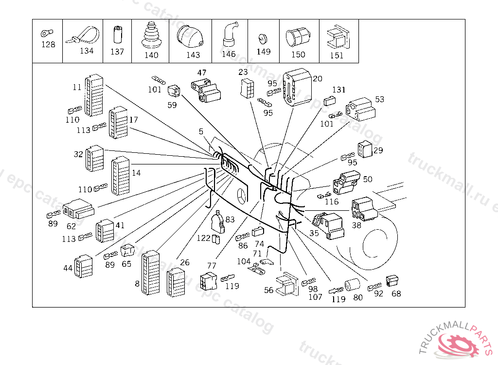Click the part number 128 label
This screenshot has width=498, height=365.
(x=48, y=44)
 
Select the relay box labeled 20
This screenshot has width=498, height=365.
(x=297, y=88)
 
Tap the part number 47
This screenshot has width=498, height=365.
(x=201, y=73)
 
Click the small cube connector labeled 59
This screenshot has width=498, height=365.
(x=173, y=91)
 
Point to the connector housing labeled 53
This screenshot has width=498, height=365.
(x=361, y=110)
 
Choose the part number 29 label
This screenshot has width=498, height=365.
(x=378, y=150)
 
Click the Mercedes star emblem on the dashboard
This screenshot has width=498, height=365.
(x=242, y=197)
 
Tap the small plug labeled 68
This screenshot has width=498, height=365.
(x=392, y=281)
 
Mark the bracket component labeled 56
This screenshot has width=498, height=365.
(x=287, y=284)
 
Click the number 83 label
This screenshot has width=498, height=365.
(x=230, y=219)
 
